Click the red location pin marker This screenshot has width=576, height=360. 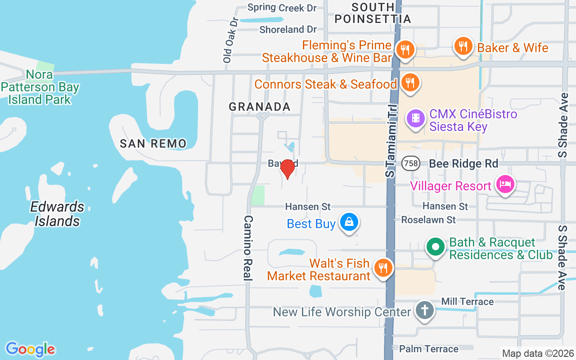tap(287, 169)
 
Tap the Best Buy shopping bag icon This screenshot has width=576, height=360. tap(349, 222)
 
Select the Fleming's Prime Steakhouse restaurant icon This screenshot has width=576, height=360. tap(405, 49)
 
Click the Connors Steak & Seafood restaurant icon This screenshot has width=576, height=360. tap(409, 83)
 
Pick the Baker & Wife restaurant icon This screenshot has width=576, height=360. tap(463, 46)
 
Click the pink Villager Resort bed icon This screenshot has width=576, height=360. tap(505, 184)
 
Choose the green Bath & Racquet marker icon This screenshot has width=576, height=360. tap(435, 247)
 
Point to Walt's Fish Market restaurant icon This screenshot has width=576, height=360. tap(383, 268)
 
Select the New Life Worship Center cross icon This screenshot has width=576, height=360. tap(424, 310)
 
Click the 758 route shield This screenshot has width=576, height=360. tap(411, 163)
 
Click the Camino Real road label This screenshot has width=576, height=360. tap(248, 248)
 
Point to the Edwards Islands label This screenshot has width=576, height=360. tap(57, 214)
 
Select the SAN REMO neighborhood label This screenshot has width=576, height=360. tap(153, 144)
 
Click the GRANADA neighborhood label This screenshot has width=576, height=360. tap(260, 107)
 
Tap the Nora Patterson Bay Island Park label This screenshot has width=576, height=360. tap(40, 87)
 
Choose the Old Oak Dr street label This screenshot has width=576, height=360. tap(229, 40)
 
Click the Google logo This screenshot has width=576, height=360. tap(30, 349)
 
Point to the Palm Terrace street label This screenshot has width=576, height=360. tap(429, 349)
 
